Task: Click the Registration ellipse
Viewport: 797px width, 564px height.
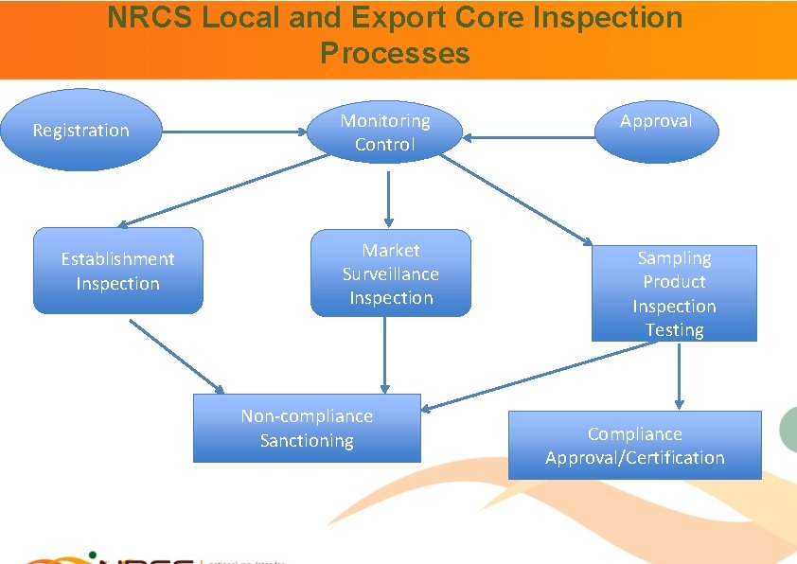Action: tap(81, 130)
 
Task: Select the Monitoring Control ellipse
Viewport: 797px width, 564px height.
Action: tap(385, 132)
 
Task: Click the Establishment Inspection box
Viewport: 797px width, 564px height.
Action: tap(118, 271)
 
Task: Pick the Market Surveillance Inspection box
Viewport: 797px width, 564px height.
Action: tap(390, 273)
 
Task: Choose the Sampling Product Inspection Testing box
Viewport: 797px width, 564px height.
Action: tap(674, 293)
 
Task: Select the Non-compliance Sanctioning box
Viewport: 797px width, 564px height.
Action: tap(307, 428)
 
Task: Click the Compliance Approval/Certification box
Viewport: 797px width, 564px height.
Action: tap(634, 445)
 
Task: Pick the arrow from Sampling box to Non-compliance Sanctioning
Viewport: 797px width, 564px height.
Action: tap(540, 377)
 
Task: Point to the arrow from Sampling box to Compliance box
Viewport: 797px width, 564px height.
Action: tap(679, 375)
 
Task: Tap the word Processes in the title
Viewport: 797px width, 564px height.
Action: tap(395, 53)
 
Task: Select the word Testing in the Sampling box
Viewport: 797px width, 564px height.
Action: tap(674, 329)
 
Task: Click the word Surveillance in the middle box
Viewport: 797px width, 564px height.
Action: tap(390, 274)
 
